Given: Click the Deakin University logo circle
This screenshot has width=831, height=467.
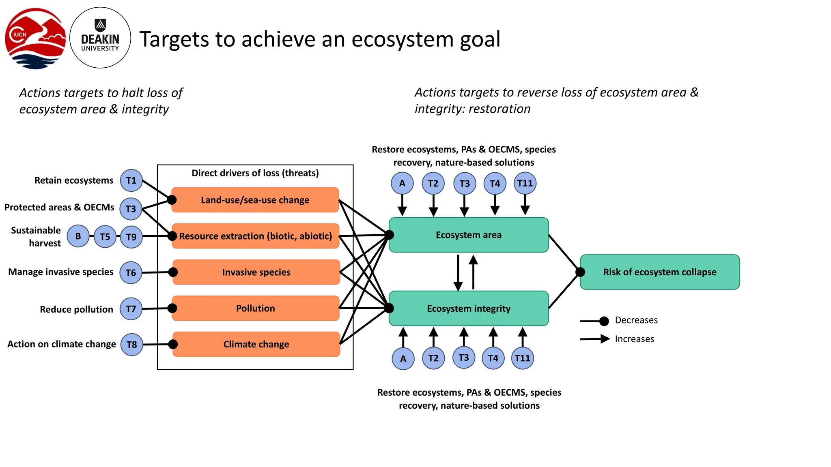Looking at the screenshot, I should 100,38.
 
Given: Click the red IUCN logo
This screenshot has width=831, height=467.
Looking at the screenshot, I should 35,39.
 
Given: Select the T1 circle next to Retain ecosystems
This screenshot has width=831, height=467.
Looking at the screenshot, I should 131,180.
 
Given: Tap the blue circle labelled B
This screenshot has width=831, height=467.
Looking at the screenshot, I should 78,236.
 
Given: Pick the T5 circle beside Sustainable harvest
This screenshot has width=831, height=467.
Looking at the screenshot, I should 105,237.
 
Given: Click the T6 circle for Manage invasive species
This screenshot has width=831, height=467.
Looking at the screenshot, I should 131,273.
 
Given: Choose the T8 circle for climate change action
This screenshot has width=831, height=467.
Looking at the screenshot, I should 131,345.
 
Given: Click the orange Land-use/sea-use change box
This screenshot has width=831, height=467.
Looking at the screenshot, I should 255,200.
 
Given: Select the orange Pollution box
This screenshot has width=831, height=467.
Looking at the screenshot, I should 255,308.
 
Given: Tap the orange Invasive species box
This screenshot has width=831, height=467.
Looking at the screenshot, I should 256,272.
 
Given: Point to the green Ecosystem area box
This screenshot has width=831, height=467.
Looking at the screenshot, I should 469,235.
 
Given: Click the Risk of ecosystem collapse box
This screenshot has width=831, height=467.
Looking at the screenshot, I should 659,272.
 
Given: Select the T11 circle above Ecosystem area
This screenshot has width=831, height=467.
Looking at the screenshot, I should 525,183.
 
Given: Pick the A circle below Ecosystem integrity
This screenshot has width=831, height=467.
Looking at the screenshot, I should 403,358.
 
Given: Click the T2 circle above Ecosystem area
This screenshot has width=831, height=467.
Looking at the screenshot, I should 433,183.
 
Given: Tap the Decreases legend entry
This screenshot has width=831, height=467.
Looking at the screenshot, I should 635,320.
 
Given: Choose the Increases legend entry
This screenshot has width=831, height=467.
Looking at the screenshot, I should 634,339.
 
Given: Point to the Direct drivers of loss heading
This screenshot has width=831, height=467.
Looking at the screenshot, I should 255,173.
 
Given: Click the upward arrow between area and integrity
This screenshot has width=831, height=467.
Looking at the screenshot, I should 473,272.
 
